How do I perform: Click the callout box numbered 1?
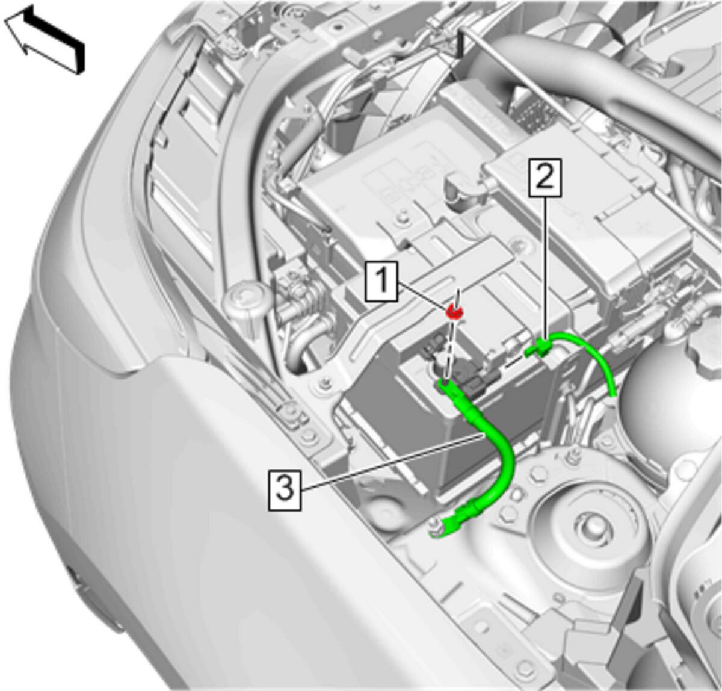381,281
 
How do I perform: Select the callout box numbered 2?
545,178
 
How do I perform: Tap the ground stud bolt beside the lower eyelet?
433,523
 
